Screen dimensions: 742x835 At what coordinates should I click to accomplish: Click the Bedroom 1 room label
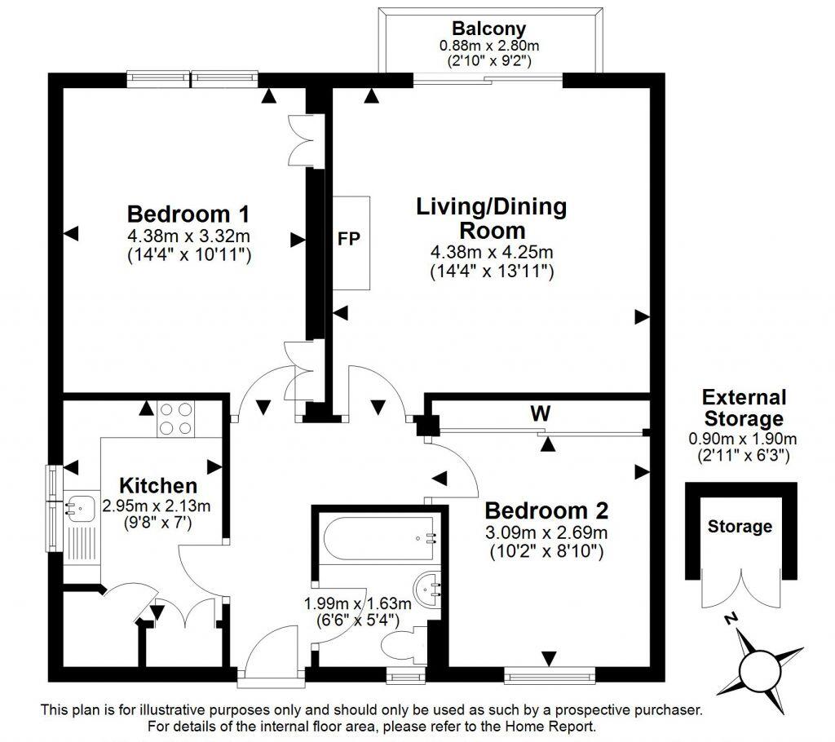pyautogui.click(x=188, y=214)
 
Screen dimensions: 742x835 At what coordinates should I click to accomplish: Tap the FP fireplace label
pyautogui.click(x=350, y=240)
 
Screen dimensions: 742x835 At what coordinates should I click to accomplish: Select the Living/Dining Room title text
pyautogui.click(x=491, y=218)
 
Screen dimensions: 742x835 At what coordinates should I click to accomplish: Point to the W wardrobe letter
pyautogui.click(x=538, y=414)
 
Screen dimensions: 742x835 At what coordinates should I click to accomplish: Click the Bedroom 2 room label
pyautogui.click(x=546, y=511)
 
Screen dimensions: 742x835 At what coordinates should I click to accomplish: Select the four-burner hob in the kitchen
pyautogui.click(x=177, y=418)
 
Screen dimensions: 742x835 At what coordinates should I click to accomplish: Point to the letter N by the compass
pyautogui.click(x=732, y=621)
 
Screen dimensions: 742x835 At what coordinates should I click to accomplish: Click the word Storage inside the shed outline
pyautogui.click(x=740, y=526)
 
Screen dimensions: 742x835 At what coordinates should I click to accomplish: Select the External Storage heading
pyautogui.click(x=744, y=408)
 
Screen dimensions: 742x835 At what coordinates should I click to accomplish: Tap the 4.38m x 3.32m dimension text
pyautogui.click(x=188, y=236)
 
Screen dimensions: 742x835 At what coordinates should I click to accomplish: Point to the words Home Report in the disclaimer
pyautogui.click(x=554, y=726)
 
